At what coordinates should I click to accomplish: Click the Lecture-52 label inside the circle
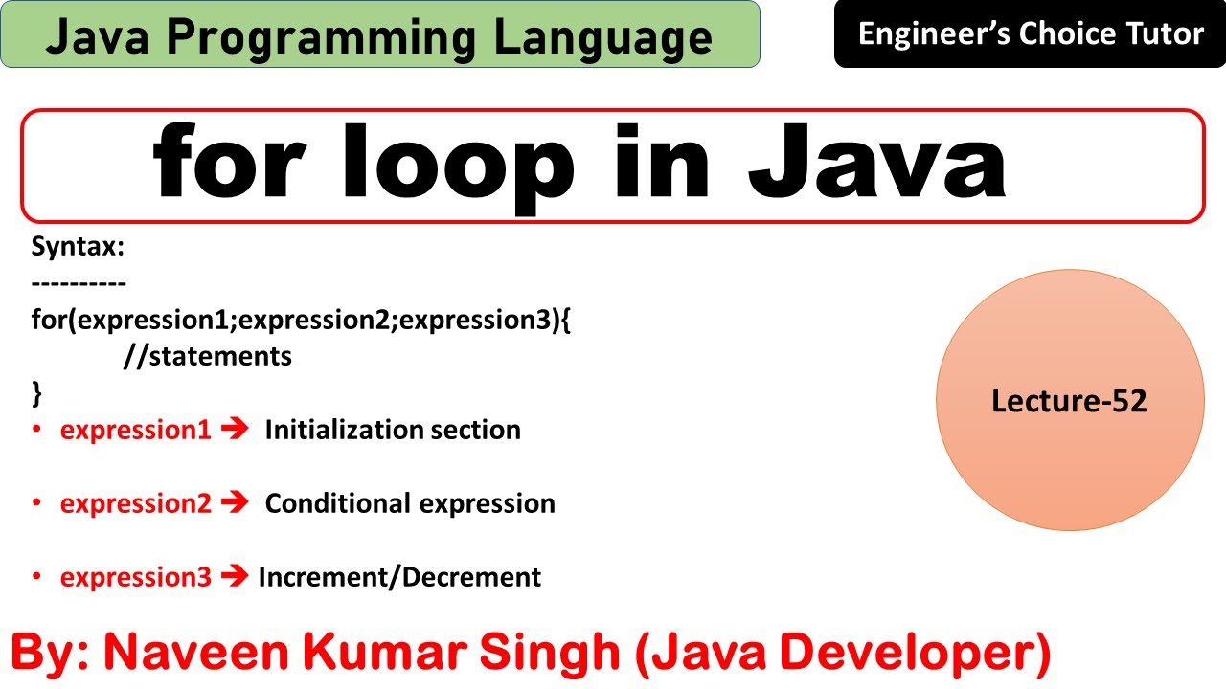(1069, 400)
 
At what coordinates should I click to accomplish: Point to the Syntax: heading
(79, 247)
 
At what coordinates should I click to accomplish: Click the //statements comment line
(207, 357)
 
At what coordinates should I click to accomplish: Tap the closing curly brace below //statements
(37, 392)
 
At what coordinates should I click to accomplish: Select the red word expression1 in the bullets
(135, 431)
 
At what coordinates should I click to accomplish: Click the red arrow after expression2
(235, 502)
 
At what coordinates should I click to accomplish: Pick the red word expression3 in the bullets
(135, 577)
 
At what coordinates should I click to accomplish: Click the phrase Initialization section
(393, 431)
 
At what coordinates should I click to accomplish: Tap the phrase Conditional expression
(410, 503)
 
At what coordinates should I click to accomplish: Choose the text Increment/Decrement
(399, 577)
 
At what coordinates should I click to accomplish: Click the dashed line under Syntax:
(79, 284)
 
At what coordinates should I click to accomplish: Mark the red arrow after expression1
(235, 430)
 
